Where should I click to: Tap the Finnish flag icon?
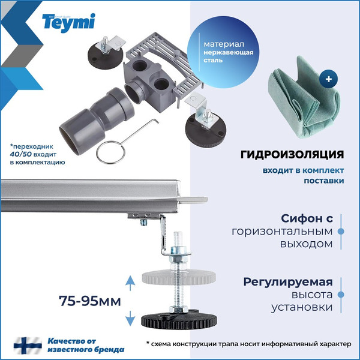pyautogui.click(x=24, y=346)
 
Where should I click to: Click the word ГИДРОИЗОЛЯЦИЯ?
pyautogui.click(x=292, y=154)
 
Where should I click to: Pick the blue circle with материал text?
pyautogui.click(x=228, y=52)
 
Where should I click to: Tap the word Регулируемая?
pyautogui.click(x=288, y=282)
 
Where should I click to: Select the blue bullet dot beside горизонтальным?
pyautogui.click(x=340, y=231)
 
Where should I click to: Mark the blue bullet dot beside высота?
pyautogui.click(x=340, y=295)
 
